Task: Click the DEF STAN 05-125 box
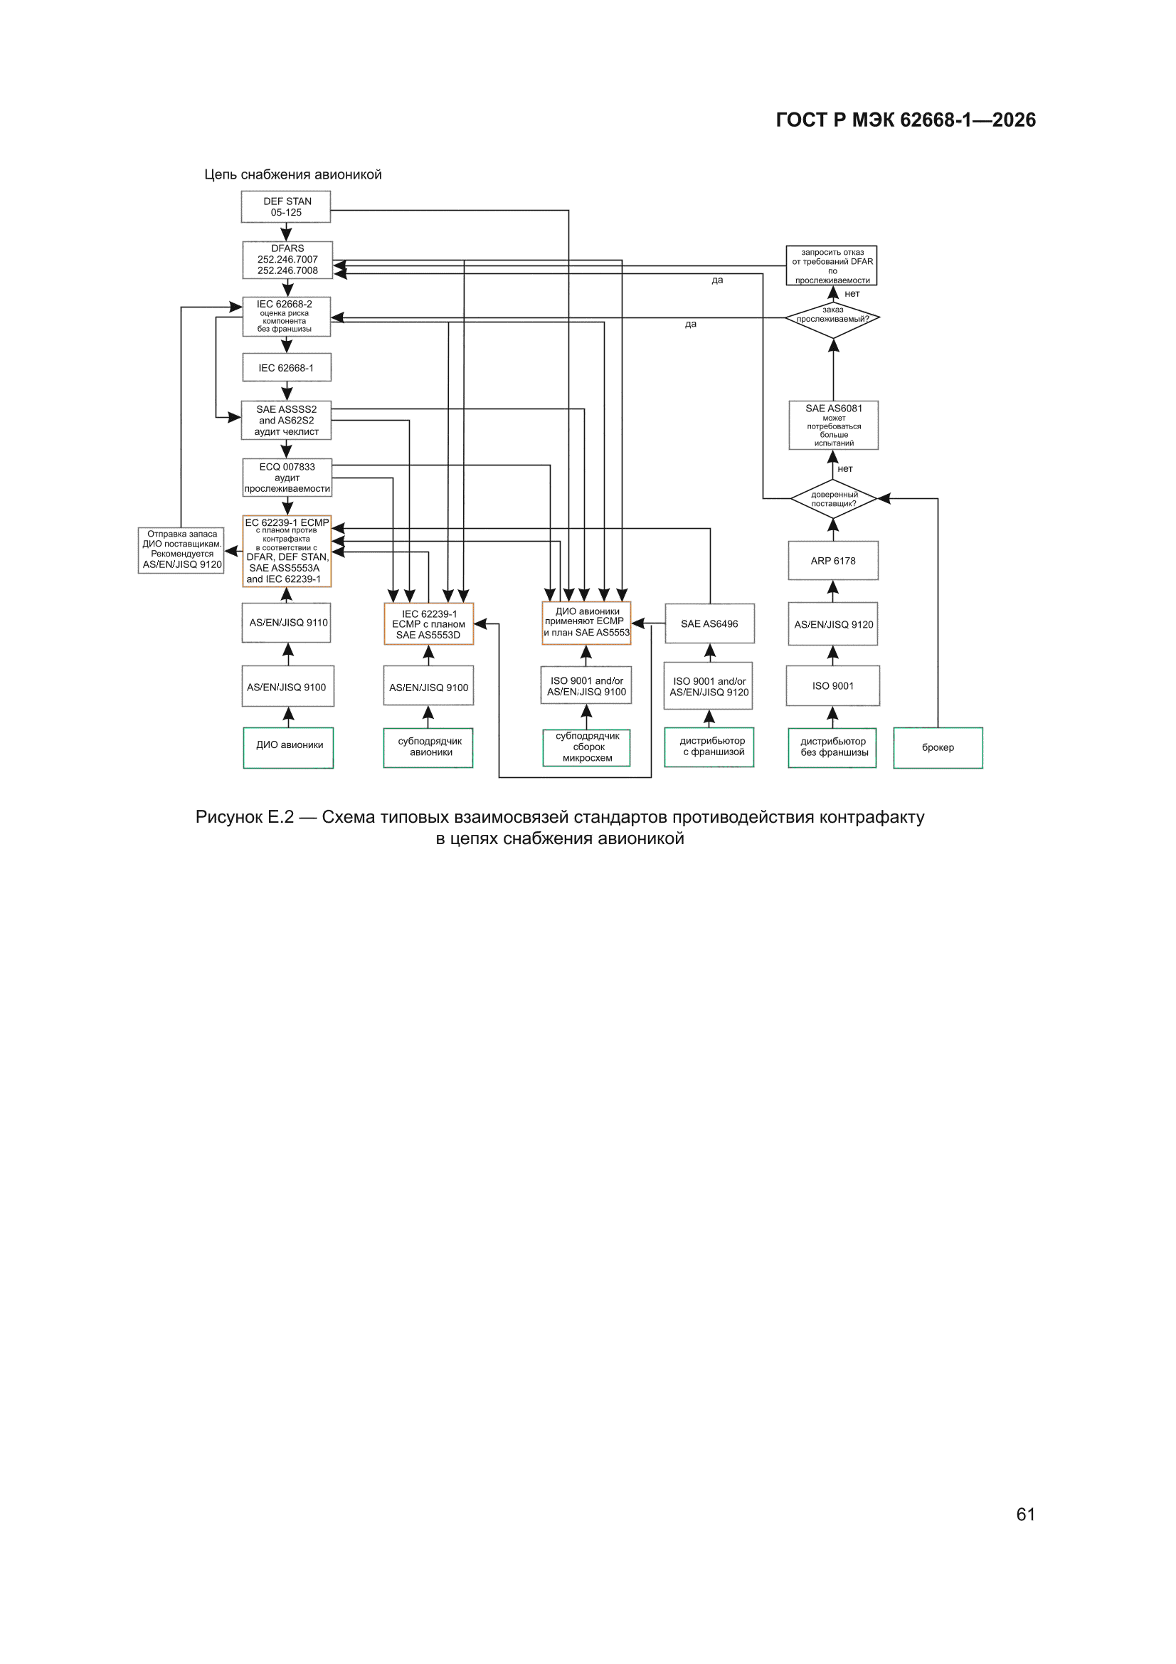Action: pos(285,206)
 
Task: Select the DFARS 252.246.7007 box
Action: pos(287,260)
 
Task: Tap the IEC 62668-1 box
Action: pos(286,367)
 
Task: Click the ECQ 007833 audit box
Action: pos(287,478)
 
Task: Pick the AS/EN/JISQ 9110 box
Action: pos(286,623)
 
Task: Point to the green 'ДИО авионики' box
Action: pos(288,747)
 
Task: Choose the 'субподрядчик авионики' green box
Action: pos(428,747)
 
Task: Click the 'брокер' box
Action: pos(938,747)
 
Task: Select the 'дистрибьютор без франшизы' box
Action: pos(832,747)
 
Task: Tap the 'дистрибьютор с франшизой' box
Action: pos(709,747)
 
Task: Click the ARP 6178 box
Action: pos(833,560)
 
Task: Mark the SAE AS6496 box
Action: pos(709,623)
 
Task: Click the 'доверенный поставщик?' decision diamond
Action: pos(833,499)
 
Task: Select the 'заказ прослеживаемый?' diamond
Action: pos(832,318)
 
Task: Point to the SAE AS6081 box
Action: pos(833,426)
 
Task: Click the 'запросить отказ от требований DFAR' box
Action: pos(832,266)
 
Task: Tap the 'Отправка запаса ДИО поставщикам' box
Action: pos(181,550)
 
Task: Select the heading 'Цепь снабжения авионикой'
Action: pos(292,174)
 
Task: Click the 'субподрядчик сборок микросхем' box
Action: pos(586,748)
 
